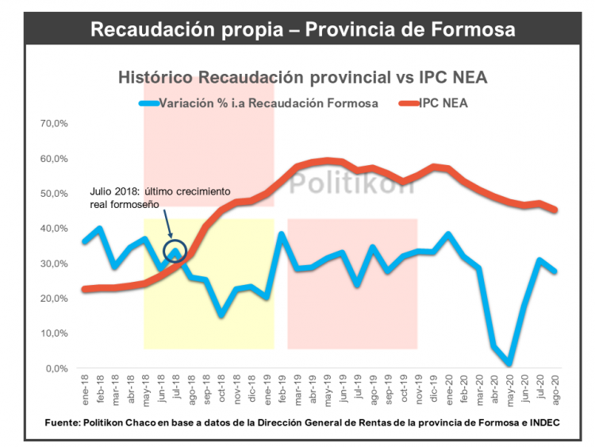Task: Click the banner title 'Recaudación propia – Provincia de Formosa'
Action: (302, 29)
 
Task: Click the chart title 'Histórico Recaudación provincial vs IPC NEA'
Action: (302, 78)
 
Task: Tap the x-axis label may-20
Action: (509, 389)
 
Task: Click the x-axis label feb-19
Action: (282, 389)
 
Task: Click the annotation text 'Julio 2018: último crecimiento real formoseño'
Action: (159, 198)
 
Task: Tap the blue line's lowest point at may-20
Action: (508, 364)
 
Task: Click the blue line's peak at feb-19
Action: (282, 234)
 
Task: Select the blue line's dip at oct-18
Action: (221, 315)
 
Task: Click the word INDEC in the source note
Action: (541, 423)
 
